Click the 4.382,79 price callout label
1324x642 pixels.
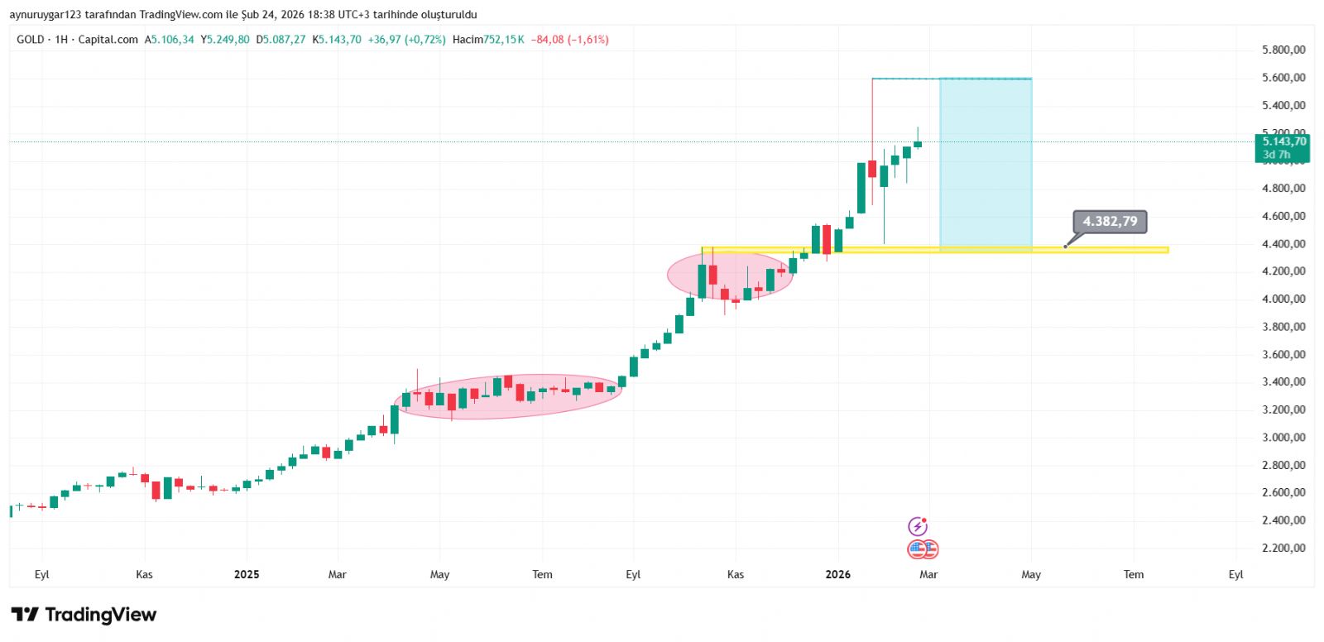pos(1110,222)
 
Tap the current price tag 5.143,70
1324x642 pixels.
pos(1283,142)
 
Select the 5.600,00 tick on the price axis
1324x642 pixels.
pos(1283,78)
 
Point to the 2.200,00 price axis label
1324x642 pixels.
pos(1283,548)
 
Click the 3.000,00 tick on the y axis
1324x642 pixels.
pos(1283,437)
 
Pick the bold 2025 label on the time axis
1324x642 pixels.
pos(247,574)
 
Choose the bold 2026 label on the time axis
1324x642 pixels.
pos(837,574)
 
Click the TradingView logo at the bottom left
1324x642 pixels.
pos(84,615)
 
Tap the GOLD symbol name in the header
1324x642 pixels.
pos(31,40)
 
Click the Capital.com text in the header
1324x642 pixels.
pos(108,40)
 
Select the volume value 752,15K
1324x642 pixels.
pos(504,40)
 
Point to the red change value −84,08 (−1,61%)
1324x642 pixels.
pos(570,40)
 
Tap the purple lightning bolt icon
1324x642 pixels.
pos(918,526)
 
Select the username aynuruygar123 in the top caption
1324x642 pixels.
pos(46,15)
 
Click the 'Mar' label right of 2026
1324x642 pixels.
pos(928,574)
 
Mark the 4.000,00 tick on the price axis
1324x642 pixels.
pos(1283,299)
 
